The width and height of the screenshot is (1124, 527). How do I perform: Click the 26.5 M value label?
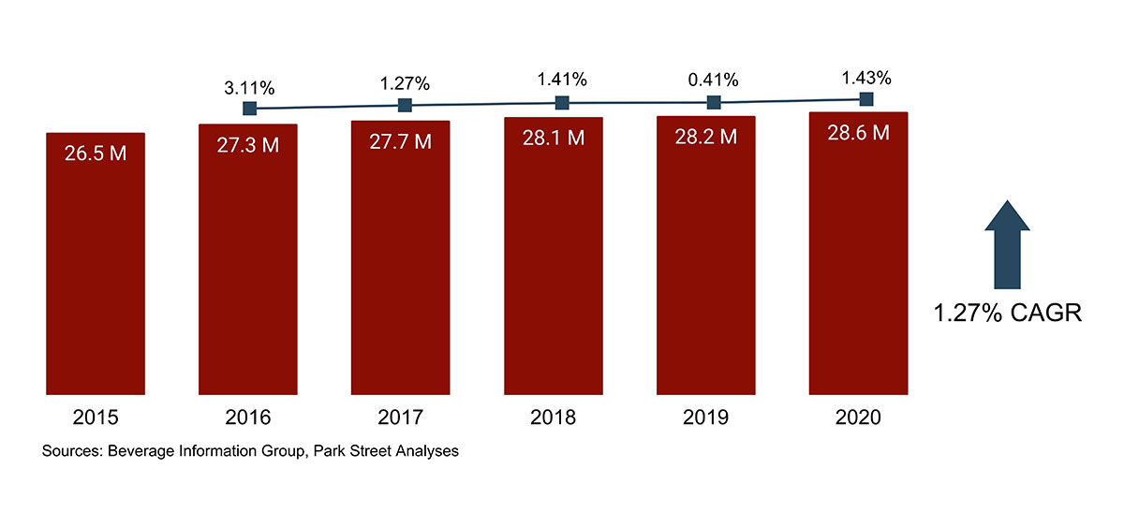point(96,154)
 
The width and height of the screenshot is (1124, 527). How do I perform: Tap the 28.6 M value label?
point(857,133)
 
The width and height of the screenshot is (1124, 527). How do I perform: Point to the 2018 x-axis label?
point(553,418)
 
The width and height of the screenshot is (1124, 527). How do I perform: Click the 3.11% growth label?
point(249,88)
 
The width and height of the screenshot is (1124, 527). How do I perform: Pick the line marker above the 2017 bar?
point(405,106)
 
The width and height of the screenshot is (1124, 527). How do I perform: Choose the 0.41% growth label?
point(713,80)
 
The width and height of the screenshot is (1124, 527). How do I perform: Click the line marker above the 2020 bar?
point(865,99)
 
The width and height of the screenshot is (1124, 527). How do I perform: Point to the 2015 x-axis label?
point(95,418)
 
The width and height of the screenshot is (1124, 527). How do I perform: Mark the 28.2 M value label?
point(705,137)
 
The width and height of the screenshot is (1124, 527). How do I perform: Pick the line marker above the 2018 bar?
point(561,103)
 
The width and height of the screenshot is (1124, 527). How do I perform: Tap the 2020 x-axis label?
point(857,418)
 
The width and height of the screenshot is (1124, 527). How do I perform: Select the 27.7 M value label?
point(400,141)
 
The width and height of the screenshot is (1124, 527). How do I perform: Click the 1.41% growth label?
point(561,80)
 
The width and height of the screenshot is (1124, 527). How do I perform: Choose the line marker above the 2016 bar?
point(249,109)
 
